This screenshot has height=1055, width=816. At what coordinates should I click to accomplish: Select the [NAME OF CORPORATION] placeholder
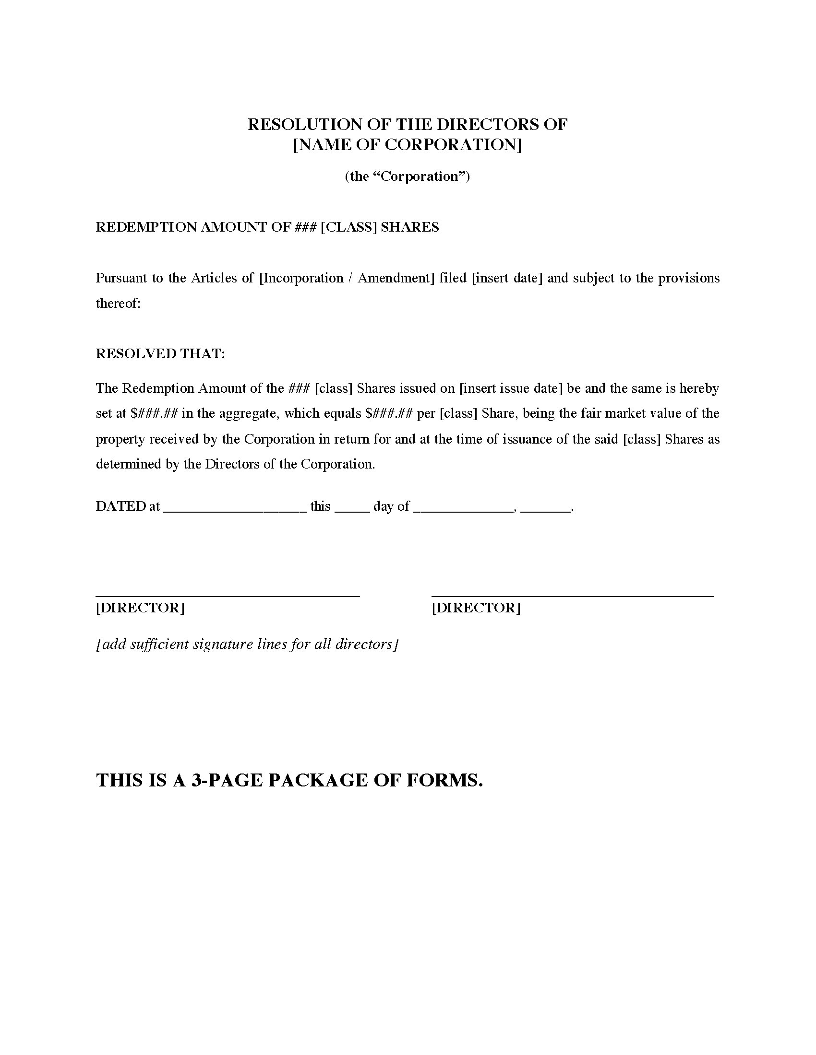(x=408, y=145)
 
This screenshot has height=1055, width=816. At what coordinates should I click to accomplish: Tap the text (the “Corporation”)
(x=408, y=176)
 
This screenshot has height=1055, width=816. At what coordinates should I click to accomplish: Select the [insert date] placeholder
(x=507, y=278)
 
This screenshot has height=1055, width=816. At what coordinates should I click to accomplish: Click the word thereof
(x=118, y=304)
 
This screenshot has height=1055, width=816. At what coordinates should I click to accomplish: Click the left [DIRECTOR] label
(x=140, y=608)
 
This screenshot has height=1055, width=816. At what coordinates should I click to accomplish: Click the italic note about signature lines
(x=247, y=644)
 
